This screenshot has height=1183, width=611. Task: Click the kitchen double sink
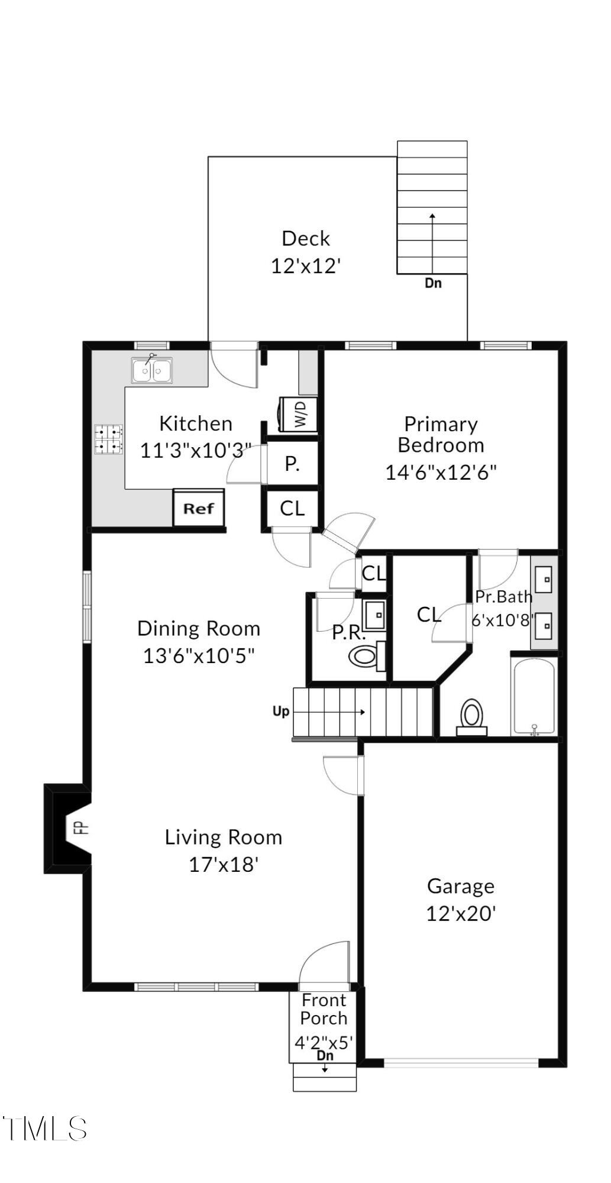pos(152,371)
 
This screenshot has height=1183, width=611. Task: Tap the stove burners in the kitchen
pos(109,439)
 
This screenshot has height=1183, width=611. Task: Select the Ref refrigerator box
pos(199,508)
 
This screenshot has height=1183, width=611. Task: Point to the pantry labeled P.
pos(292,464)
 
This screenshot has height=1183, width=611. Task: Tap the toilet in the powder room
pos(366,655)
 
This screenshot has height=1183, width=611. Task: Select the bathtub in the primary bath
pos(534,697)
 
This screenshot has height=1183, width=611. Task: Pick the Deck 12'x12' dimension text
pos(306,266)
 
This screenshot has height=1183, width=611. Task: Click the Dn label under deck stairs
pos(433,283)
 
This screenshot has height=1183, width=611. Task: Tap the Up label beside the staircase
pos(280,711)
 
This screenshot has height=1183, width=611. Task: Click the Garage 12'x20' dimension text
pos(461,914)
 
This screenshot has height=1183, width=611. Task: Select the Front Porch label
pos(324,1009)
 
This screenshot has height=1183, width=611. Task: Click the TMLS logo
pos(45,1129)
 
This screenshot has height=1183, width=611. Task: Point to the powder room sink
pos(374,615)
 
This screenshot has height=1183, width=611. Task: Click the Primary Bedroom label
pos(441,434)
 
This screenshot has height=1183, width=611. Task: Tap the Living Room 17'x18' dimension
pos(224,865)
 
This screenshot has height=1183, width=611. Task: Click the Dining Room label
pos(199,628)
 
